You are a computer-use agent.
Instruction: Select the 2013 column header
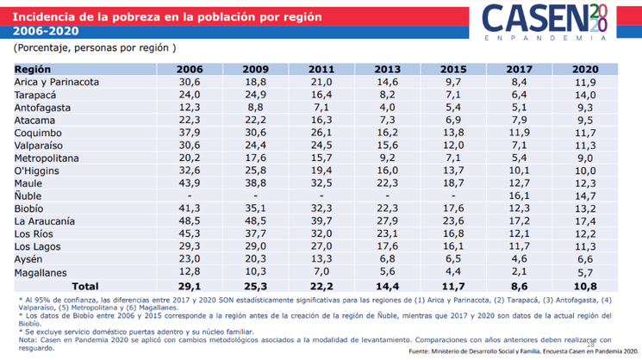[x=388, y=68]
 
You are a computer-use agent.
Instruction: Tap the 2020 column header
[x=585, y=68]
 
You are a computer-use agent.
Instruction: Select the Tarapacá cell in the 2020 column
[x=585, y=94]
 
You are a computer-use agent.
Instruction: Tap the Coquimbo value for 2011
[x=321, y=133]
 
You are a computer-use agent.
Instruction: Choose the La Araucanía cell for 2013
[x=388, y=221]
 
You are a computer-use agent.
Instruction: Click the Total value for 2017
[x=519, y=286]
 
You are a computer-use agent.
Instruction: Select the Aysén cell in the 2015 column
[x=453, y=259]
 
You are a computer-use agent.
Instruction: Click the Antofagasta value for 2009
[x=256, y=107]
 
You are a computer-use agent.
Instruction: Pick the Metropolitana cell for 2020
[x=585, y=158]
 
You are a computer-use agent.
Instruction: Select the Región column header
[x=34, y=68]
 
